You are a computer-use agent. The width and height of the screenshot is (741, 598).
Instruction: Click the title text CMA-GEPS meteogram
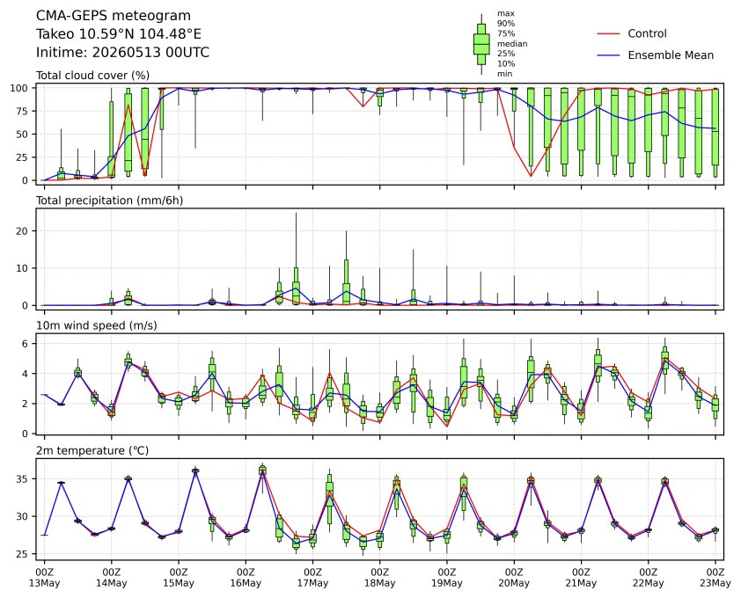(x=114, y=16)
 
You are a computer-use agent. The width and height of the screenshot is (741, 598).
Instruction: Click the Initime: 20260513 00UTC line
(x=122, y=52)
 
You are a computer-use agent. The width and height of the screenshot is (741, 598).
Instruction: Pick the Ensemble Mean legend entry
(x=656, y=55)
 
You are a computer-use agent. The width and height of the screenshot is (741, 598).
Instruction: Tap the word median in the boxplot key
(x=512, y=43)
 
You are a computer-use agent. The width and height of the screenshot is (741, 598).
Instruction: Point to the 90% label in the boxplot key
(x=506, y=23)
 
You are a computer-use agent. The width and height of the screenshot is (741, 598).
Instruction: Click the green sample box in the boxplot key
(x=481, y=44)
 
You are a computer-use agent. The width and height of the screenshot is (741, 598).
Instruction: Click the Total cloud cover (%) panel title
(x=92, y=76)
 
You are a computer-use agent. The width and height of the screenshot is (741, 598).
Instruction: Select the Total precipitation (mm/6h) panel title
(x=110, y=201)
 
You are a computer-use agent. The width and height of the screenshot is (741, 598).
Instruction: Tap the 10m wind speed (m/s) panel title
(x=97, y=325)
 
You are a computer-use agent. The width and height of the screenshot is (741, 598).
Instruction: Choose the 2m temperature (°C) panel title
(x=92, y=450)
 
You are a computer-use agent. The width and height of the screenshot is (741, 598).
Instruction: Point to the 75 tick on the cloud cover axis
(x=23, y=111)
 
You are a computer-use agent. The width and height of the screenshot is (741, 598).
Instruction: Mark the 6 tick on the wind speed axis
(x=26, y=343)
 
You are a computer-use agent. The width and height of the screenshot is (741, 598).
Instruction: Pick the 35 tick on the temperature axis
(x=23, y=479)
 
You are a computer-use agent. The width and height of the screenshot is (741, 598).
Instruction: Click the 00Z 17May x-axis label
(x=312, y=578)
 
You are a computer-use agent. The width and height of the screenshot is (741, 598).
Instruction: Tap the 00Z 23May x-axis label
(x=715, y=578)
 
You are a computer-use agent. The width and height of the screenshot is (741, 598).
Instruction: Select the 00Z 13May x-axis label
(x=44, y=578)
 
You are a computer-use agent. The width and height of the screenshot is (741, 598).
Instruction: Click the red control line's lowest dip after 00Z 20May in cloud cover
(x=531, y=176)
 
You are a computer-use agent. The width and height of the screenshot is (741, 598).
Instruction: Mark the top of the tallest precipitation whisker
(x=296, y=213)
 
